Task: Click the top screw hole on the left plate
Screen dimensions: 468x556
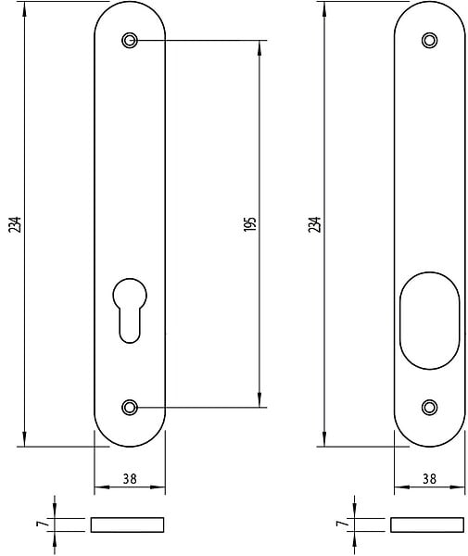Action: coord(130,40)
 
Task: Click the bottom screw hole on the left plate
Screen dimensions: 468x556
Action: coord(130,407)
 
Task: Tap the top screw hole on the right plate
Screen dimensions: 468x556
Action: coord(429,40)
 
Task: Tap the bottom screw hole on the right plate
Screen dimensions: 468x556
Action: coord(429,407)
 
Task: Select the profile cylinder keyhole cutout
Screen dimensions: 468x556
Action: coord(130,310)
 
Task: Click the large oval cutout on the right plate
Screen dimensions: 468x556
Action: coord(429,321)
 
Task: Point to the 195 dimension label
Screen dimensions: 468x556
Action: coord(249,224)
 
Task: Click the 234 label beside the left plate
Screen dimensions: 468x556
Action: coord(15,224)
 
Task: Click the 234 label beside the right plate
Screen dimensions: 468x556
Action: coord(314,224)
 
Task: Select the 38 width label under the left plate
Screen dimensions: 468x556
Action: coord(130,479)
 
